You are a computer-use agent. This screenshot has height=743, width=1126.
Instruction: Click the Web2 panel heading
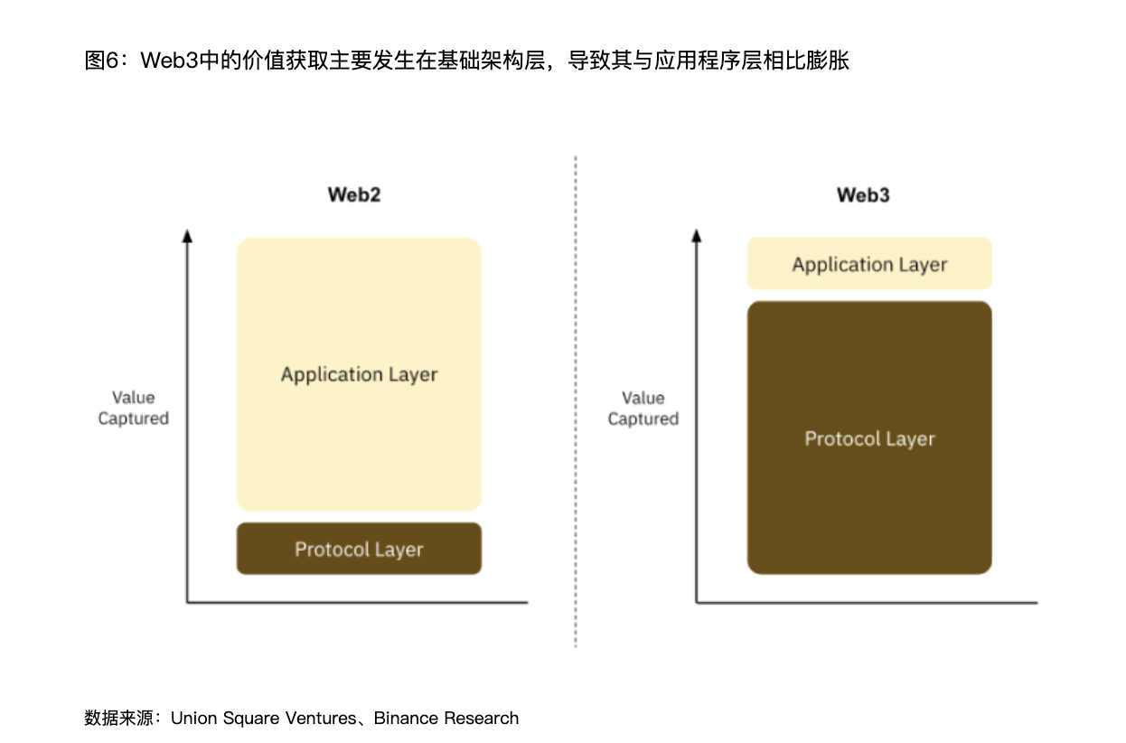pos(354,195)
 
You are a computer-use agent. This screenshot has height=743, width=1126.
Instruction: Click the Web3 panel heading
pos(863,195)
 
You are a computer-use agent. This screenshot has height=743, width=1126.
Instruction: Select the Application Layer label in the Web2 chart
pos(359,374)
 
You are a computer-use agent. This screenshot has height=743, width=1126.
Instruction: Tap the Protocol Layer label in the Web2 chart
pos(359,549)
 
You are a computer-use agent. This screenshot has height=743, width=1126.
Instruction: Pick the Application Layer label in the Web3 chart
pos(869,265)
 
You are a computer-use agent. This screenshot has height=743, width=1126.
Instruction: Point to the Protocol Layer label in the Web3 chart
pos(869,438)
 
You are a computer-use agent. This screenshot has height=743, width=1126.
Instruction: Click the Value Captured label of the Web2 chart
pos(134,408)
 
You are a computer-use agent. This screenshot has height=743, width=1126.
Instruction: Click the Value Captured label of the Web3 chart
pos(643,409)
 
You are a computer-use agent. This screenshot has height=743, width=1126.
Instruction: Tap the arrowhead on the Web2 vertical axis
pos(187,236)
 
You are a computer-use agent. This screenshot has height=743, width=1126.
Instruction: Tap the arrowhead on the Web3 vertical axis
pos(696,236)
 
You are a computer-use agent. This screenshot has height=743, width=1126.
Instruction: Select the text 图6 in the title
pos(101,61)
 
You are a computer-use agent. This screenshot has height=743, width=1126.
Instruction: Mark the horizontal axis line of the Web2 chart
pos(357,601)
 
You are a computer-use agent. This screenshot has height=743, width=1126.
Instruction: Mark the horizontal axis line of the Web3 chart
pos(867,602)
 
